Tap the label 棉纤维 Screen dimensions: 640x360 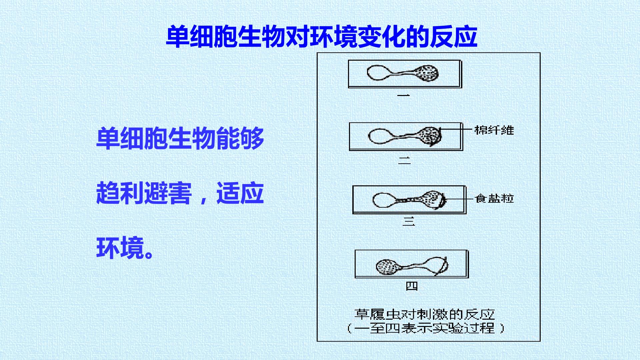494,130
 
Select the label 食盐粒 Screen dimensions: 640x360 494,198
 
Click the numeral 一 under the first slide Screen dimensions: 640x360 404,95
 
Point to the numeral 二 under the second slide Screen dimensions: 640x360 404,160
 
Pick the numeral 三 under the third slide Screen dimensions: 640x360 408,221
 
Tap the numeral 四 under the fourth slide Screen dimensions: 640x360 412,286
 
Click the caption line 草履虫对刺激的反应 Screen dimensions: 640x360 424,314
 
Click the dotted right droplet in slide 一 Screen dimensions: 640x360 426,73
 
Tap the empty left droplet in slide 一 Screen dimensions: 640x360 379,72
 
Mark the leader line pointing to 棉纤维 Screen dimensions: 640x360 456,128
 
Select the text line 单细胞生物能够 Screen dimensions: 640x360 180,138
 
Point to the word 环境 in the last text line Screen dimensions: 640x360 120,248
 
